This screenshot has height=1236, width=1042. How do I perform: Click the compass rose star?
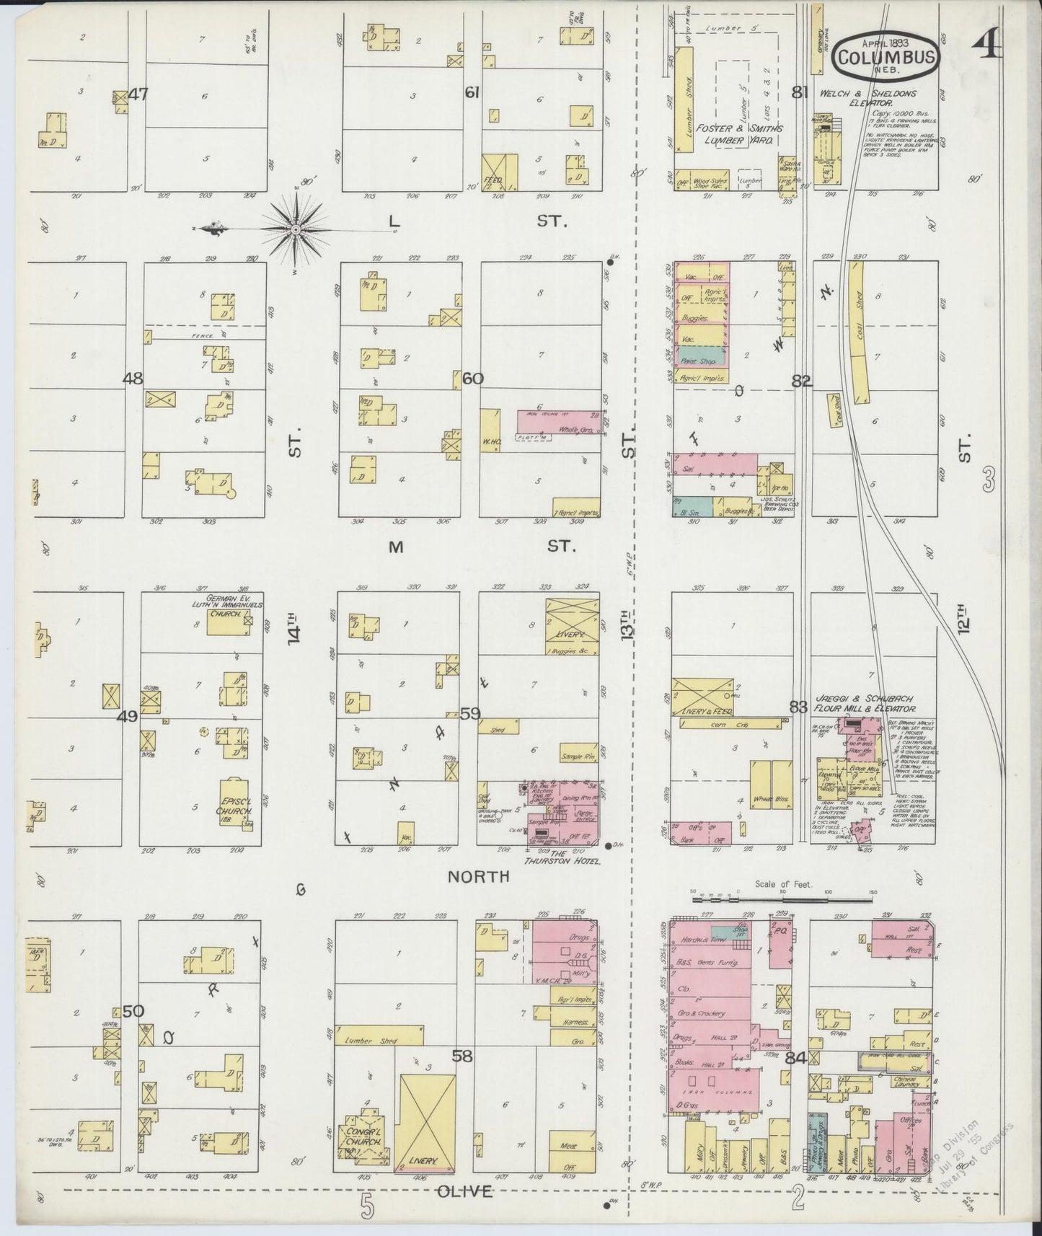(x=296, y=229)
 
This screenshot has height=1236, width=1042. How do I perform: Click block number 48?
(x=133, y=378)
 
